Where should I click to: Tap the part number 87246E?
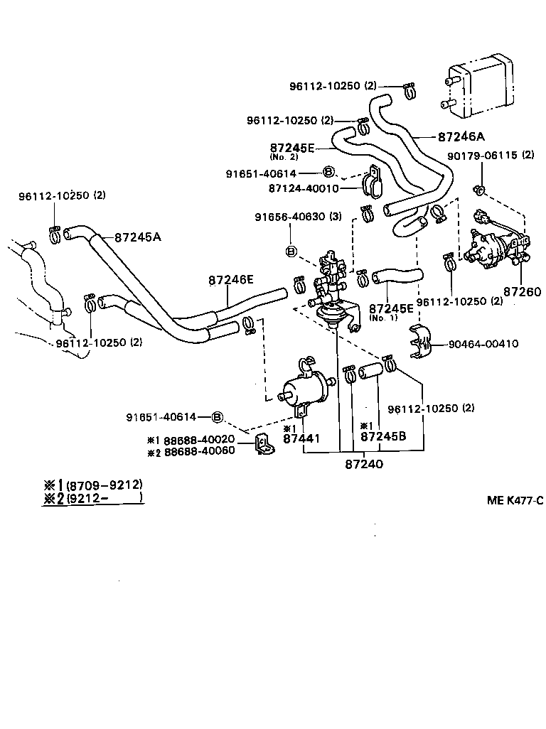coord(231,280)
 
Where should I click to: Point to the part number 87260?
coord(522,291)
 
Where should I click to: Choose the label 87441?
coord(301,439)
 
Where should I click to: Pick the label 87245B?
coord(383,436)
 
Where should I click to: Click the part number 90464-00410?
coord(483,344)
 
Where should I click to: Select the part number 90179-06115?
coord(481,155)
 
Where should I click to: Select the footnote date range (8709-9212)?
coord(104,485)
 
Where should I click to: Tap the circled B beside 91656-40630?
coord(291,251)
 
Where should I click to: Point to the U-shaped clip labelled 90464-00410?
coord(421,342)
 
